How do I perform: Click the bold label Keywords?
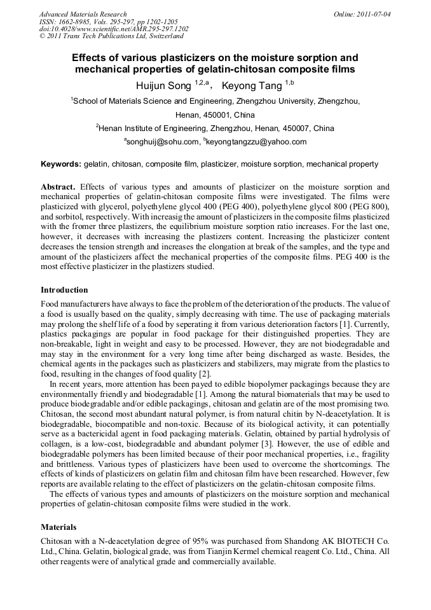(61, 164)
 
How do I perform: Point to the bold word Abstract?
(58, 187)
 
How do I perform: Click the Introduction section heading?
(64, 290)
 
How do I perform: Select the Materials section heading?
(58, 527)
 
